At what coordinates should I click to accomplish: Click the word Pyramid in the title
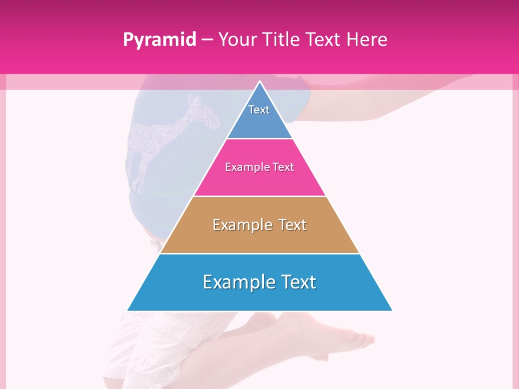(x=159, y=40)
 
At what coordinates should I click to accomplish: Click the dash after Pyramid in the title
(x=207, y=40)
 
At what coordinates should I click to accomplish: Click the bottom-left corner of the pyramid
(x=128, y=310)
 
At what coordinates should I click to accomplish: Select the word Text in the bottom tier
(x=296, y=282)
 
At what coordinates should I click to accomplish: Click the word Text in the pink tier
(x=283, y=167)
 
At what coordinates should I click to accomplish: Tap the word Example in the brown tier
(x=241, y=225)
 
